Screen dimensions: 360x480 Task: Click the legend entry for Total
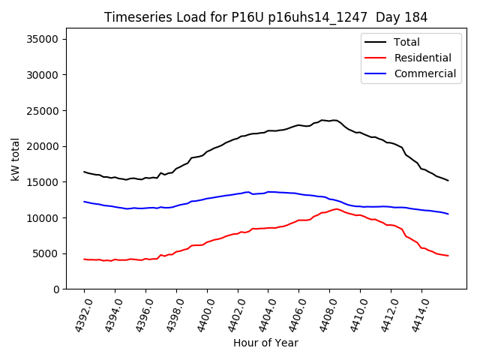(406, 42)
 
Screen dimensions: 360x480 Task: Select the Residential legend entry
(422, 58)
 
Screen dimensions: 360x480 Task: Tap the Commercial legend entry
(424, 73)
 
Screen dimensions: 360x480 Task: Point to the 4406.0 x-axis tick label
(292, 315)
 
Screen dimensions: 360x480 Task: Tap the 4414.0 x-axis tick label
(414, 315)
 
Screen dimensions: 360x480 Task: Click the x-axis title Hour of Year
(265, 343)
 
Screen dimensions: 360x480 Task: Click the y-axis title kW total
(16, 159)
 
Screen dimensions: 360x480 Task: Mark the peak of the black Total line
(332, 120)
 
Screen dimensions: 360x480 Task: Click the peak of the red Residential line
(337, 208)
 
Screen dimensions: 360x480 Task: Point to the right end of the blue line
(448, 214)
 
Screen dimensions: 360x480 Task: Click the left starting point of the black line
(84, 172)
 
